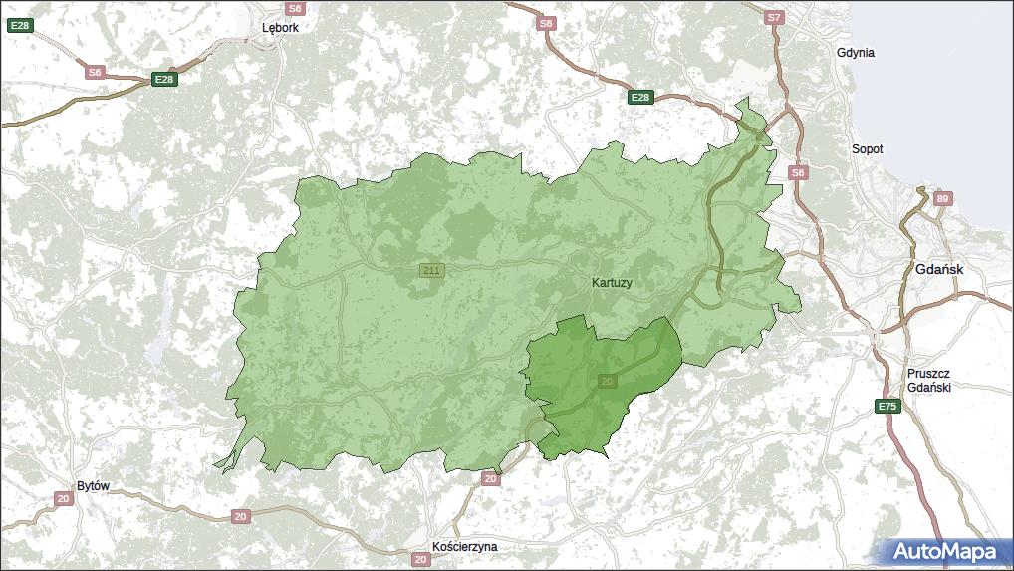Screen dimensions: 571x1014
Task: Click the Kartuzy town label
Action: [x=612, y=283]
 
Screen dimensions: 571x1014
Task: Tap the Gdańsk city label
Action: [x=938, y=270]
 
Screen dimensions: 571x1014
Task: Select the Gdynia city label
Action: [x=856, y=53]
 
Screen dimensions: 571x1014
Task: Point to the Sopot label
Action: [x=867, y=149]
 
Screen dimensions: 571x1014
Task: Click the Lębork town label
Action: [x=280, y=28]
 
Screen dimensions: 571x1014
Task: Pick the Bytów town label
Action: [x=92, y=486]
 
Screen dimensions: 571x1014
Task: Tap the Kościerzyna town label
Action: [x=464, y=547]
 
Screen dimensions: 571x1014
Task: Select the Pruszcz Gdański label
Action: [x=928, y=380]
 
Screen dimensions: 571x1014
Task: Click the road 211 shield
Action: [x=431, y=271]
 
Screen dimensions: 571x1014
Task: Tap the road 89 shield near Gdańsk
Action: [x=942, y=198]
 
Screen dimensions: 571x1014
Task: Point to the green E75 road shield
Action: [x=887, y=407]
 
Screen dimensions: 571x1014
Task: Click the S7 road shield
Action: [x=775, y=18]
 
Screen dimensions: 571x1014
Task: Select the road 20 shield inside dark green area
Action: [x=608, y=381]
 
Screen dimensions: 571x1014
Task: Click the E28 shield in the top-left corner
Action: [x=19, y=26]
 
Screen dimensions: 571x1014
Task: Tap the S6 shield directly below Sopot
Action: [x=798, y=173]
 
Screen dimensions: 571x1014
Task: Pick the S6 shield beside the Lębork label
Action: [x=294, y=8]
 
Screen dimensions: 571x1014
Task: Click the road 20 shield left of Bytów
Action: [x=63, y=498]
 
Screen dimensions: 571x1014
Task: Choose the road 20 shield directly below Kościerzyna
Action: [x=421, y=560]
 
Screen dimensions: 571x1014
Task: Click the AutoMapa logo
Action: [x=943, y=551]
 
